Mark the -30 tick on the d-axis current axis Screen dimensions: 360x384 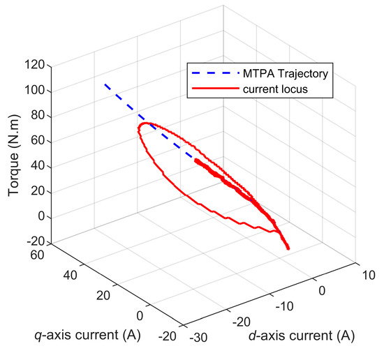pyautogui.click(x=198, y=338)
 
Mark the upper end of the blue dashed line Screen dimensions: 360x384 pyautogui.click(x=105, y=84)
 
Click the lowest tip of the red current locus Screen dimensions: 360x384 pyautogui.click(x=288, y=248)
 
